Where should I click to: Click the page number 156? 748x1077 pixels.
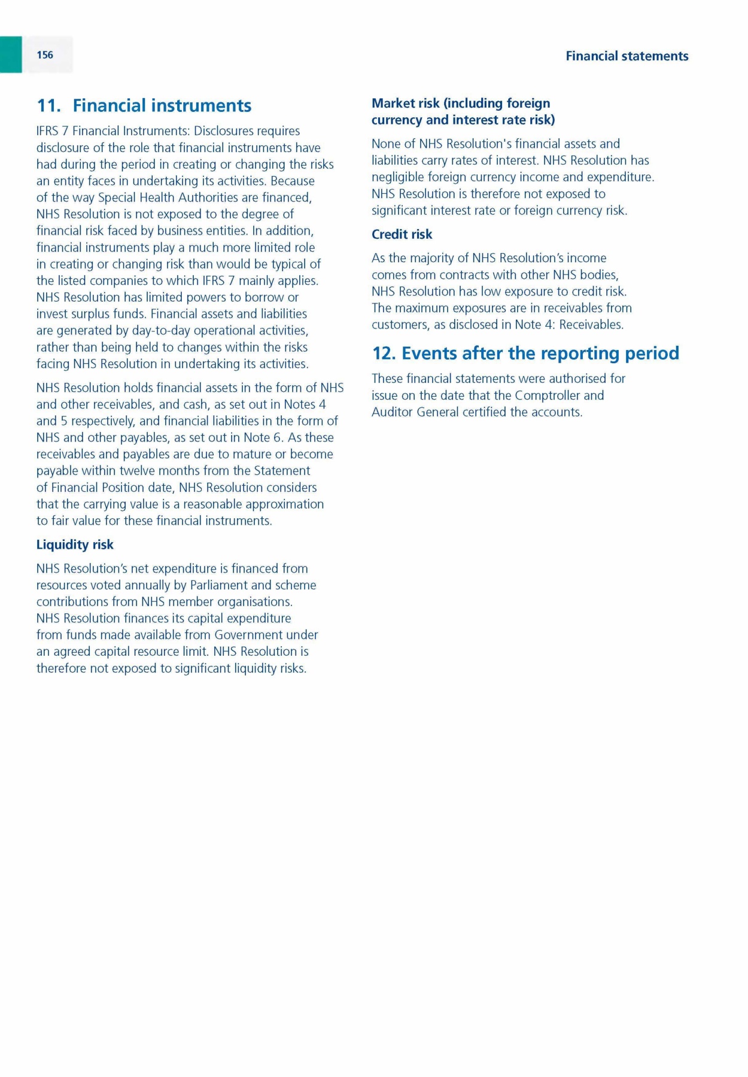pos(45,55)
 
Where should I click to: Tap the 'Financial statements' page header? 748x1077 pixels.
pos(627,56)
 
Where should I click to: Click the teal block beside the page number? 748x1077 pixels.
pos(11,54)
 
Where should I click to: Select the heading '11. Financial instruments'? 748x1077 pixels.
pos(144,106)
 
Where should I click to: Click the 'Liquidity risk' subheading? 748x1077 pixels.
pos(75,544)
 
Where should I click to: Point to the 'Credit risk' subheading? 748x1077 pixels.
pos(402,235)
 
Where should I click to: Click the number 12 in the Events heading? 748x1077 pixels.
pos(384,354)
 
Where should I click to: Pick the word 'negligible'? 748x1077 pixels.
pos(397,177)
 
